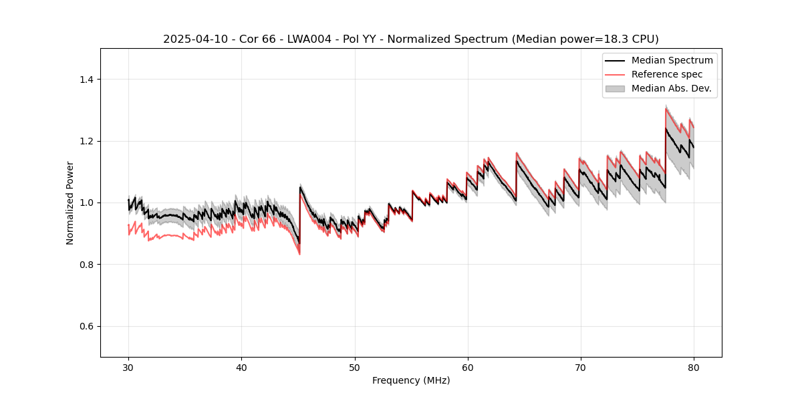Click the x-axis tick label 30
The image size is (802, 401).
tap(128, 367)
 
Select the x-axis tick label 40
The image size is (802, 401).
tap(241, 367)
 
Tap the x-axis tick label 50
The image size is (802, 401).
tap(354, 367)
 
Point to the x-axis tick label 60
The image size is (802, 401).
tap(467, 367)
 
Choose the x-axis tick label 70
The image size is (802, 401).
tap(580, 367)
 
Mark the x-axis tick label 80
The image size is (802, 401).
tap(693, 367)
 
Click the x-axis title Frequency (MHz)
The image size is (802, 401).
tap(411, 380)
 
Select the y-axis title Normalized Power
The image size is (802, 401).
tap(70, 203)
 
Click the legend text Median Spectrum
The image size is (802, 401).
tap(672, 60)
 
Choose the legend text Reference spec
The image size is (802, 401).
tap(666, 74)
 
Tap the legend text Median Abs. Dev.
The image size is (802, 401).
tap(671, 88)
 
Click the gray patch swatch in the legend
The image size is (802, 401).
tap(615, 88)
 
